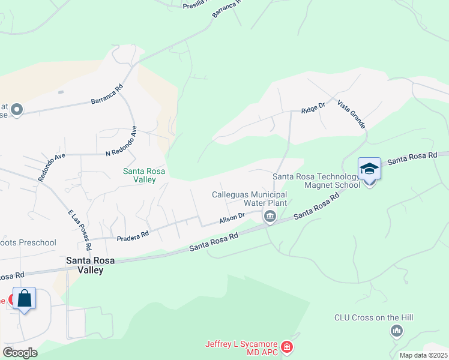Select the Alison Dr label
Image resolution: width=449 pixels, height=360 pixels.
pyautogui.click(x=232, y=218)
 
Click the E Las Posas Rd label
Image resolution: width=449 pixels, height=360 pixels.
pyautogui.click(x=80, y=230)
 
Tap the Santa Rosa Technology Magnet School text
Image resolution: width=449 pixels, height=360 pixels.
pyautogui.click(x=316, y=181)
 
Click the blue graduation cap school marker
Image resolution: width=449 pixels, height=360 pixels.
pyautogui.click(x=369, y=169)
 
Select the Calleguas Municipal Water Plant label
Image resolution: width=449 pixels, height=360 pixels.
pyautogui.click(x=250, y=199)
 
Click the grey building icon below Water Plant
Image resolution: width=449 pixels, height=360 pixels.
pyautogui.click(x=270, y=216)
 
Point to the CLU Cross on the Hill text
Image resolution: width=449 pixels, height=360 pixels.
pyautogui.click(x=374, y=317)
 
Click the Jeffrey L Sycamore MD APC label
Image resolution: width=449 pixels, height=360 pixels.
pyautogui.click(x=242, y=347)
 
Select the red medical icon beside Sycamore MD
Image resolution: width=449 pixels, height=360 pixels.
pyautogui.click(x=287, y=347)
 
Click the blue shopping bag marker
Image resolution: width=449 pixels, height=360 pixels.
pyautogui.click(x=25, y=298)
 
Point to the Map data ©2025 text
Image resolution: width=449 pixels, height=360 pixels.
pyautogui.click(x=423, y=355)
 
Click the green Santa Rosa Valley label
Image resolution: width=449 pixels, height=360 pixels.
pyautogui.click(x=144, y=175)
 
